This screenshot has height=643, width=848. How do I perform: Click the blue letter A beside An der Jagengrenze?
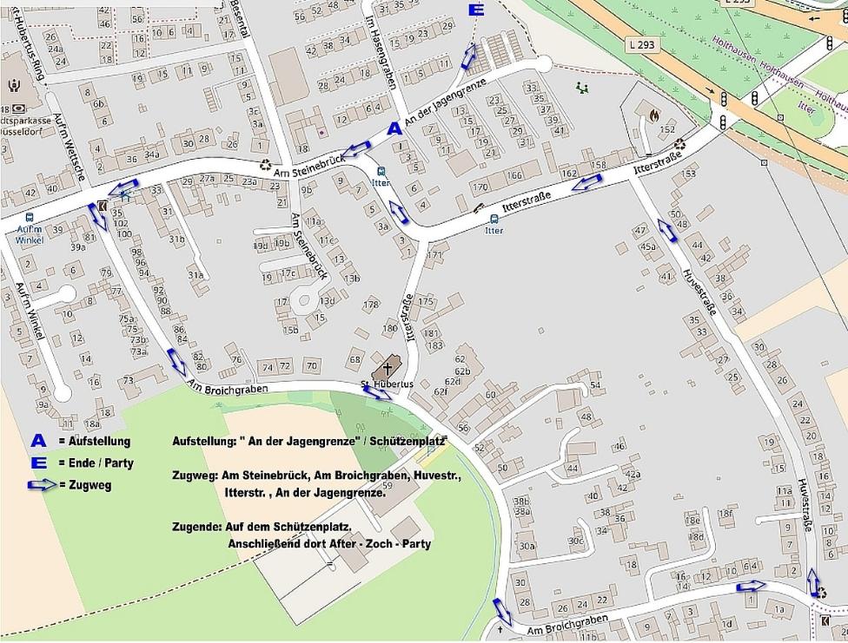pyautogui.click(x=394, y=128)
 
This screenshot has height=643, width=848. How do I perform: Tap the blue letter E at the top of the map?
pyautogui.click(x=475, y=10)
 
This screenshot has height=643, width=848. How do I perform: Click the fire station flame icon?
pyautogui.click(x=653, y=113)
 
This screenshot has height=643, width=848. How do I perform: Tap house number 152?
pyautogui.click(x=666, y=129)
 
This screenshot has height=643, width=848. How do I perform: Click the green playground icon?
pyautogui.click(x=582, y=88)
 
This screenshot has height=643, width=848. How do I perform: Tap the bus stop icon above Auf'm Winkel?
pyautogui.click(x=30, y=218)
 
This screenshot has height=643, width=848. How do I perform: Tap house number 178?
pyautogui.click(x=372, y=305)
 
